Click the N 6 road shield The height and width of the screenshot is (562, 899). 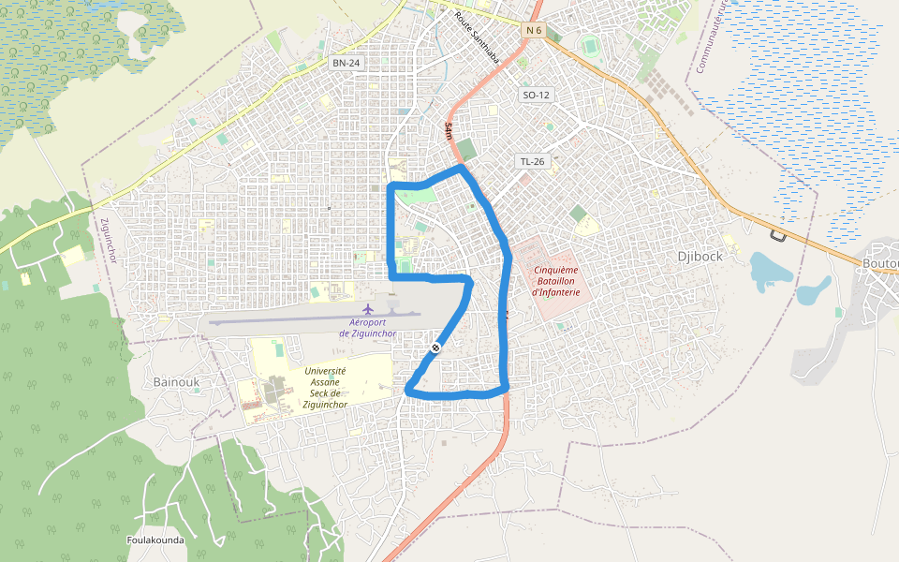point(534,31)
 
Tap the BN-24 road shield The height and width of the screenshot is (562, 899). point(346,63)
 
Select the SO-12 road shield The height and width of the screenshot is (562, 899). point(537,95)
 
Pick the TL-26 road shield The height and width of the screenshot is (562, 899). point(532,161)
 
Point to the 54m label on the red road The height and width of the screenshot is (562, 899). point(449,130)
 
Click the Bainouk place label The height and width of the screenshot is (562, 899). point(176,382)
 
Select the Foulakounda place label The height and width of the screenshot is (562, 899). point(155,540)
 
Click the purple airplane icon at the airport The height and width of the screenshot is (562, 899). point(368,309)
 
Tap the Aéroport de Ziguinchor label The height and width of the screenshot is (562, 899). point(367,328)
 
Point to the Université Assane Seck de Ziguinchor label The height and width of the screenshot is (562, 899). point(325,388)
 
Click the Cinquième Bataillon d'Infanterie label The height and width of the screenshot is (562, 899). point(556,281)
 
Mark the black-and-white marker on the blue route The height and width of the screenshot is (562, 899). point(435,348)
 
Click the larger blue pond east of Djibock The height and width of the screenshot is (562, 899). point(772,269)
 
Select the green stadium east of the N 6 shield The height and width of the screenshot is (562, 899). point(590,44)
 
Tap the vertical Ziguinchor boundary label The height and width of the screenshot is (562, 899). point(109,241)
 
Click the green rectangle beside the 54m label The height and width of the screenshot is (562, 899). point(466,148)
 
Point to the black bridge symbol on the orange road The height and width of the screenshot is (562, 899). point(776,234)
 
